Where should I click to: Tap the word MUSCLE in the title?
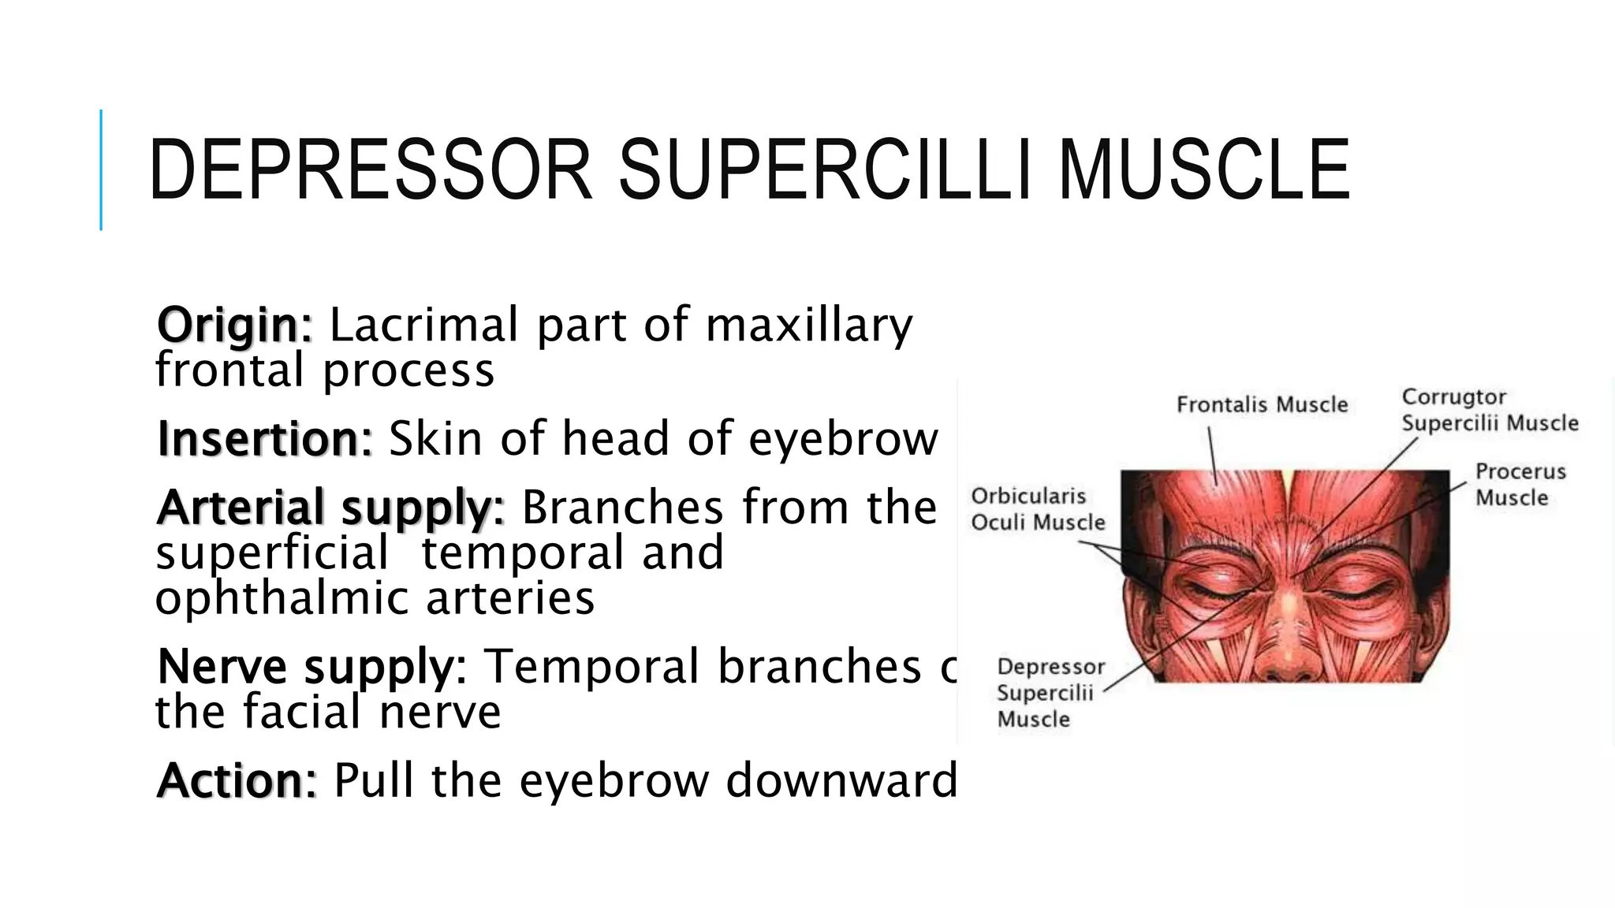[x=1204, y=170]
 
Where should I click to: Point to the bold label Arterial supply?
[x=330, y=507]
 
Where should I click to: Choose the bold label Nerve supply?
[x=312, y=666]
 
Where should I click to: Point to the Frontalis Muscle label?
[x=1262, y=405]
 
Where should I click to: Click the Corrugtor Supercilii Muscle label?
[x=1489, y=410]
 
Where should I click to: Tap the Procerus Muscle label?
[x=1520, y=485]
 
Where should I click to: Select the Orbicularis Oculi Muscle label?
[x=1037, y=509]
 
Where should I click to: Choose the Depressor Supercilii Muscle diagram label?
[x=1050, y=693]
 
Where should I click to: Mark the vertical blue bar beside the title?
[x=101, y=170]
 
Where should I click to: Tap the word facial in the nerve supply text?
[x=302, y=712]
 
